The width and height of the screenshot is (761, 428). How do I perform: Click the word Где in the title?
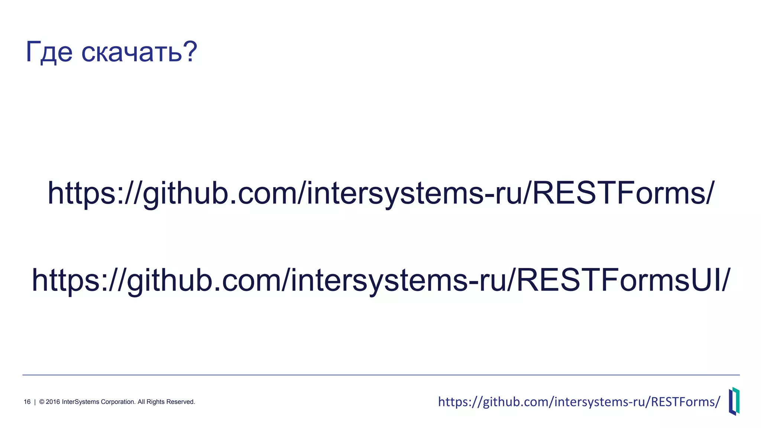click(x=49, y=52)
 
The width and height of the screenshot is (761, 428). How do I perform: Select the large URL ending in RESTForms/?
click(x=381, y=193)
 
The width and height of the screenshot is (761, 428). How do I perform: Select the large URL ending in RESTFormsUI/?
click(x=381, y=280)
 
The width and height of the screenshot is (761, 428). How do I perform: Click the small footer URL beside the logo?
click(x=579, y=402)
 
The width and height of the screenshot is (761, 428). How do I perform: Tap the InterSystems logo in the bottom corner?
click(x=734, y=401)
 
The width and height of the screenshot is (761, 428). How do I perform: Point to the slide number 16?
click(x=27, y=402)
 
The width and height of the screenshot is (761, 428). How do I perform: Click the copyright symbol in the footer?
click(x=42, y=402)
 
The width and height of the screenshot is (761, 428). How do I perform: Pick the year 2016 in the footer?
click(x=53, y=402)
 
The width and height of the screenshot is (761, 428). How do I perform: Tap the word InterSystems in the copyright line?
click(x=80, y=402)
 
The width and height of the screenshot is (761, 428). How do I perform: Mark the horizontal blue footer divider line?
click(x=381, y=375)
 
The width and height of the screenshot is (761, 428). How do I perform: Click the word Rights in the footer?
click(x=155, y=402)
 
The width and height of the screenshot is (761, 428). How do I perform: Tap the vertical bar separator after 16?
click(x=35, y=402)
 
